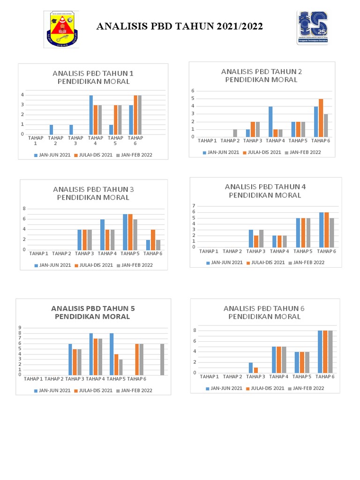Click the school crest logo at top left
(x=62, y=29)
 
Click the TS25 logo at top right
(x=313, y=28)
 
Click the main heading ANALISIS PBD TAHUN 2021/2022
(x=180, y=27)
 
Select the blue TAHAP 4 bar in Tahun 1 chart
(x=91, y=115)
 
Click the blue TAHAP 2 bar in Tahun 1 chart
(x=51, y=129)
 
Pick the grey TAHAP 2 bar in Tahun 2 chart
(x=235, y=133)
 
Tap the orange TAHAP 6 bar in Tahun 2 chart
(x=321, y=118)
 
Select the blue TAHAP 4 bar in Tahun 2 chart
(x=270, y=121)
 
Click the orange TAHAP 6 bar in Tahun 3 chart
(x=153, y=240)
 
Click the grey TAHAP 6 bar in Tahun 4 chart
(x=332, y=232)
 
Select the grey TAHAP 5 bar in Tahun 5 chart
(x=120, y=367)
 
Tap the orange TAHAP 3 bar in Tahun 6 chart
(x=256, y=370)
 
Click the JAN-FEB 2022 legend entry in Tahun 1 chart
(x=136, y=155)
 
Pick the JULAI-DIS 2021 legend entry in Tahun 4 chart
(x=266, y=262)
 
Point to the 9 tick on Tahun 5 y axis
(x=20, y=328)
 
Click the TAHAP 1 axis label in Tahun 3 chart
(x=39, y=254)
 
